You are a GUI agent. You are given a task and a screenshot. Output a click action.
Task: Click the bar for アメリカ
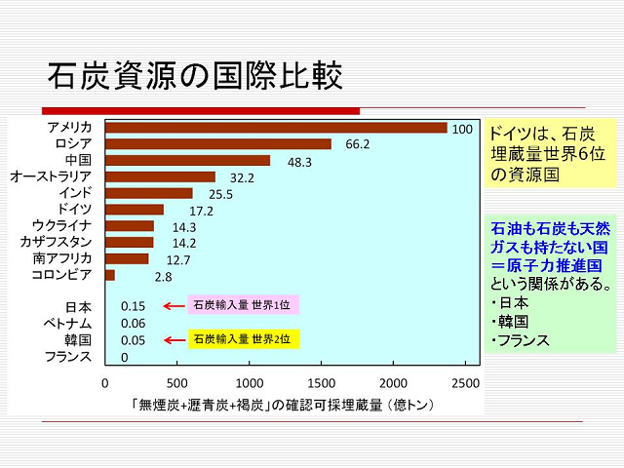tap(276, 128)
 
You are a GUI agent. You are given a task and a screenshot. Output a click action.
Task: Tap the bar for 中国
tap(187, 161)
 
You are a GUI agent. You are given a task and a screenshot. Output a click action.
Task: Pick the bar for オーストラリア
tap(160, 177)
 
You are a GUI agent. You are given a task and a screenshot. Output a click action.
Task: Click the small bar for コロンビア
tap(110, 276)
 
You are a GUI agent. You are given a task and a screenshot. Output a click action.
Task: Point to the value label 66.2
tap(358, 144)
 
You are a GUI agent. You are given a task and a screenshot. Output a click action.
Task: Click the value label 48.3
tap(298, 161)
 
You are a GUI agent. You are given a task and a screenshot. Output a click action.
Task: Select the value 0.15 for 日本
tap(133, 305)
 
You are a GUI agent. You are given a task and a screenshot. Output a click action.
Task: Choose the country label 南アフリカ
tap(61, 258)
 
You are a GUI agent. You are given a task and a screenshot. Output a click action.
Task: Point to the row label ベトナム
tap(67, 323)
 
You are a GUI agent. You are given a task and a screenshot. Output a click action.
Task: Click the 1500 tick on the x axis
tap(322, 382)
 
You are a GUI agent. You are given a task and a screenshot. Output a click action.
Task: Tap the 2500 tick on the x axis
tap(466, 382)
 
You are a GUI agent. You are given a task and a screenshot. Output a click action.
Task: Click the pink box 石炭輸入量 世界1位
tap(241, 305)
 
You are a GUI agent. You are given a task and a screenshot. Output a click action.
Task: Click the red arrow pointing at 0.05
tap(174, 340)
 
